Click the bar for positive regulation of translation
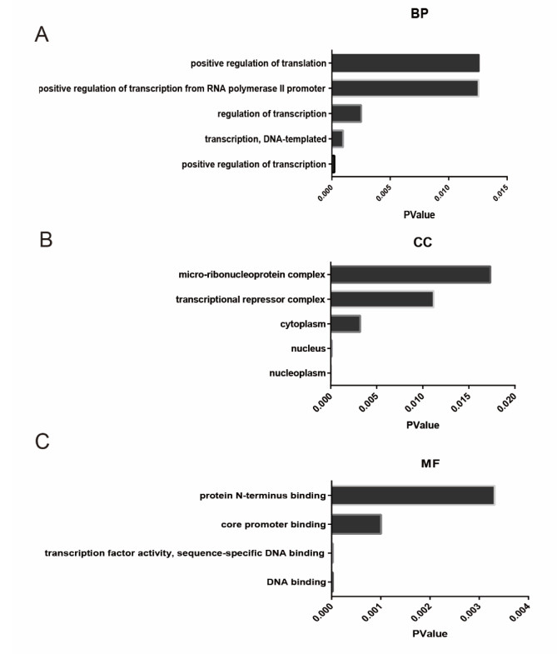coord(405,63)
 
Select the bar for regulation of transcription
coord(346,113)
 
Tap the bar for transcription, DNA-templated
coord(337,138)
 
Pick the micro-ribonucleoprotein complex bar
coord(410,274)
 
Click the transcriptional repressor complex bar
coord(382,299)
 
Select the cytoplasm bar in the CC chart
coord(346,323)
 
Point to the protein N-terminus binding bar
coord(412,495)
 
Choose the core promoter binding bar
coord(356,525)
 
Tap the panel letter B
coord(47,240)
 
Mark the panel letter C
coord(42,441)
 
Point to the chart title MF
coord(430,463)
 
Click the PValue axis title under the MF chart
coord(430,633)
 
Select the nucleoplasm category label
coord(297,372)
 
